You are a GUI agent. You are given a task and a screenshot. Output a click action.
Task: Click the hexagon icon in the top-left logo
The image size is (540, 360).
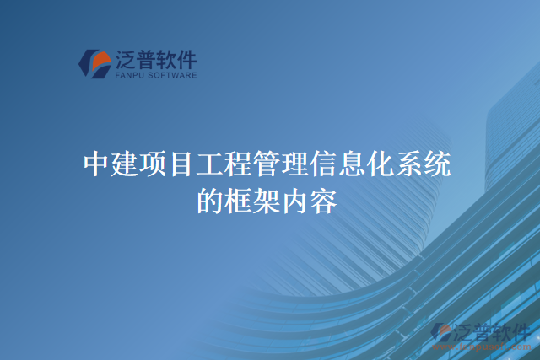coord(95,62)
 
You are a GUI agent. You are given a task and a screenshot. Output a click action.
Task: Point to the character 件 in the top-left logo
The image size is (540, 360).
coord(185,59)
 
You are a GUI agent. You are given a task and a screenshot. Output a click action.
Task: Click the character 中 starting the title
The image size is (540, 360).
coord(97,163)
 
